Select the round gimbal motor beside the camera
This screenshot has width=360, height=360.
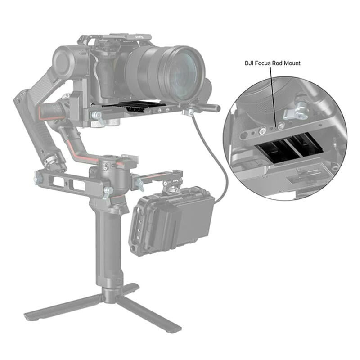(x=67, y=61)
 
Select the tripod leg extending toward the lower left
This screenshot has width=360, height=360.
(x=63, y=306)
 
